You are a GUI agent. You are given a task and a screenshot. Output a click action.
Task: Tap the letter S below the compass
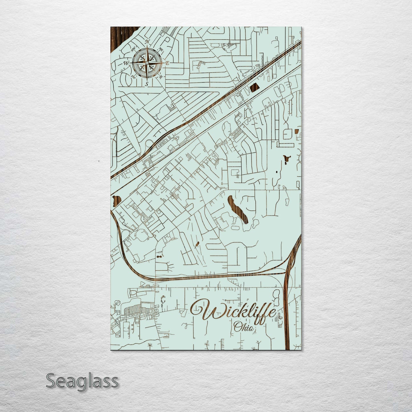click(147, 84)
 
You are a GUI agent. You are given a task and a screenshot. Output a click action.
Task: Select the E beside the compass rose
click(168, 63)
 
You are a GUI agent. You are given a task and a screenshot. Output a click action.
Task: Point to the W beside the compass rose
click(125, 63)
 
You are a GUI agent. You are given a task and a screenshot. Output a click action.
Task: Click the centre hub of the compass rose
click(147, 63)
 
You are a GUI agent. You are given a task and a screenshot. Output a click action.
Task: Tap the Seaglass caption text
click(82, 381)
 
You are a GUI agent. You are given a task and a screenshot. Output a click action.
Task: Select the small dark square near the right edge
click(296, 131)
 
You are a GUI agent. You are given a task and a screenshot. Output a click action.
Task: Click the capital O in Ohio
click(237, 327)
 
